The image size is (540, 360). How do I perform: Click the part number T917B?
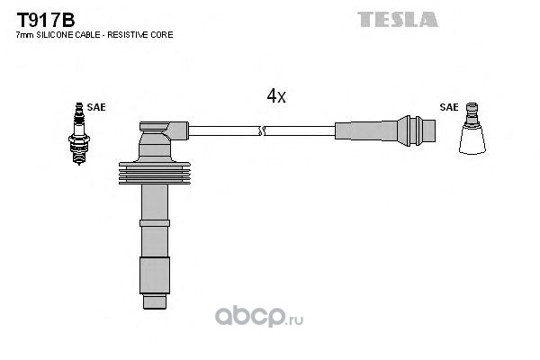46,21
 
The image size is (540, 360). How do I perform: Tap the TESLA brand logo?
398,19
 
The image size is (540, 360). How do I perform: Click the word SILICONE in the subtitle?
54,35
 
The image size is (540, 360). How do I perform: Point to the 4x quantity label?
276,95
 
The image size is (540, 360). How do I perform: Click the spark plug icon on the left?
79,134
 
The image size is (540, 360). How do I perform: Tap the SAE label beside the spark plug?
96,107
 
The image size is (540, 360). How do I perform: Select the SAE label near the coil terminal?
449,107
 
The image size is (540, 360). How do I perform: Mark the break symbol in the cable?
262,130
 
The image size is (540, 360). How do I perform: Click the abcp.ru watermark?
259,316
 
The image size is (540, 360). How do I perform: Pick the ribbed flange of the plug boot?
155,173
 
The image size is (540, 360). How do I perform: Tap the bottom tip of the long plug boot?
155,308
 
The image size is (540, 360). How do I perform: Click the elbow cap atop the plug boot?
164,130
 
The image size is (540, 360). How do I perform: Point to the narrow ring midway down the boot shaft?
155,223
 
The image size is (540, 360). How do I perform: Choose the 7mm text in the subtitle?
25,35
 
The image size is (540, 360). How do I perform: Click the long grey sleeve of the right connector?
366,130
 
